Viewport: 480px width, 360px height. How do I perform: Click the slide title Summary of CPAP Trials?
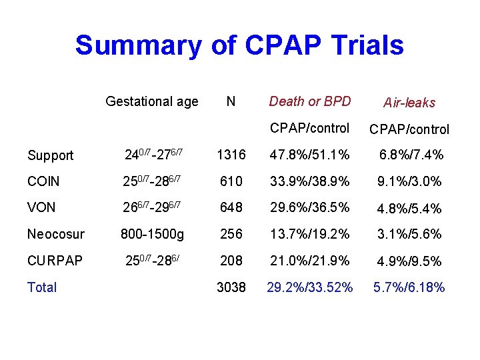(x=239, y=46)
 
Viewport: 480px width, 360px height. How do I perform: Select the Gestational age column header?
(x=152, y=101)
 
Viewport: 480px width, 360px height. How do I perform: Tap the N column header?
(x=230, y=101)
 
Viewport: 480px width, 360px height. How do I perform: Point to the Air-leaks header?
(x=409, y=103)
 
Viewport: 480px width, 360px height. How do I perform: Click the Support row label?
(x=50, y=155)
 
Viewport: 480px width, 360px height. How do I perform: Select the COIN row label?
(x=43, y=181)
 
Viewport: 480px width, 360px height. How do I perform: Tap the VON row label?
(x=41, y=207)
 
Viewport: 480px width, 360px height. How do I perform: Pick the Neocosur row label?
(x=57, y=234)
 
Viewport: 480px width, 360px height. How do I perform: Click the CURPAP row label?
(x=55, y=261)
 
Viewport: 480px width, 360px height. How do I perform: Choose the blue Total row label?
(x=42, y=287)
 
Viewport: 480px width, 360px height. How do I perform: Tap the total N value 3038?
(x=231, y=287)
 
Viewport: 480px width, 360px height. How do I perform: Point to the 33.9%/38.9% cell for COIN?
(x=309, y=181)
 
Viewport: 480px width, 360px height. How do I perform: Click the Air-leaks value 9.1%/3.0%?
(x=409, y=181)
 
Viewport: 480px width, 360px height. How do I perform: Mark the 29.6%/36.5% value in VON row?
(x=309, y=207)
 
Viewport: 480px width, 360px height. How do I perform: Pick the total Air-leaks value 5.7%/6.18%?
(x=409, y=287)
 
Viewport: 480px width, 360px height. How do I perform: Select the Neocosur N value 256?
(x=230, y=234)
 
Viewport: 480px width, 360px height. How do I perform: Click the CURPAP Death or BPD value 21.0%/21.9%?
(x=309, y=261)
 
